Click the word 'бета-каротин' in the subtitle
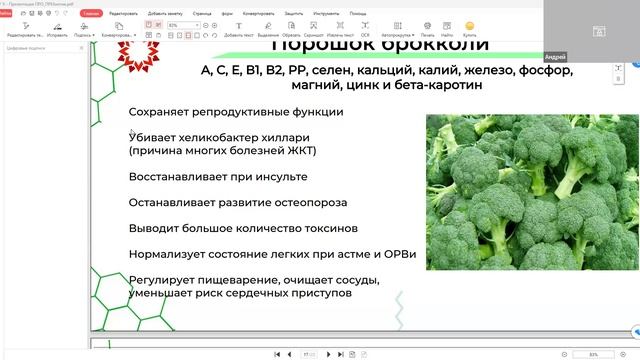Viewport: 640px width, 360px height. click(433, 86)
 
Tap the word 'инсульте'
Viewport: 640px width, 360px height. click(278, 177)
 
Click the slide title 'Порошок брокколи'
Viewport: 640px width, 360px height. click(381, 46)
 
